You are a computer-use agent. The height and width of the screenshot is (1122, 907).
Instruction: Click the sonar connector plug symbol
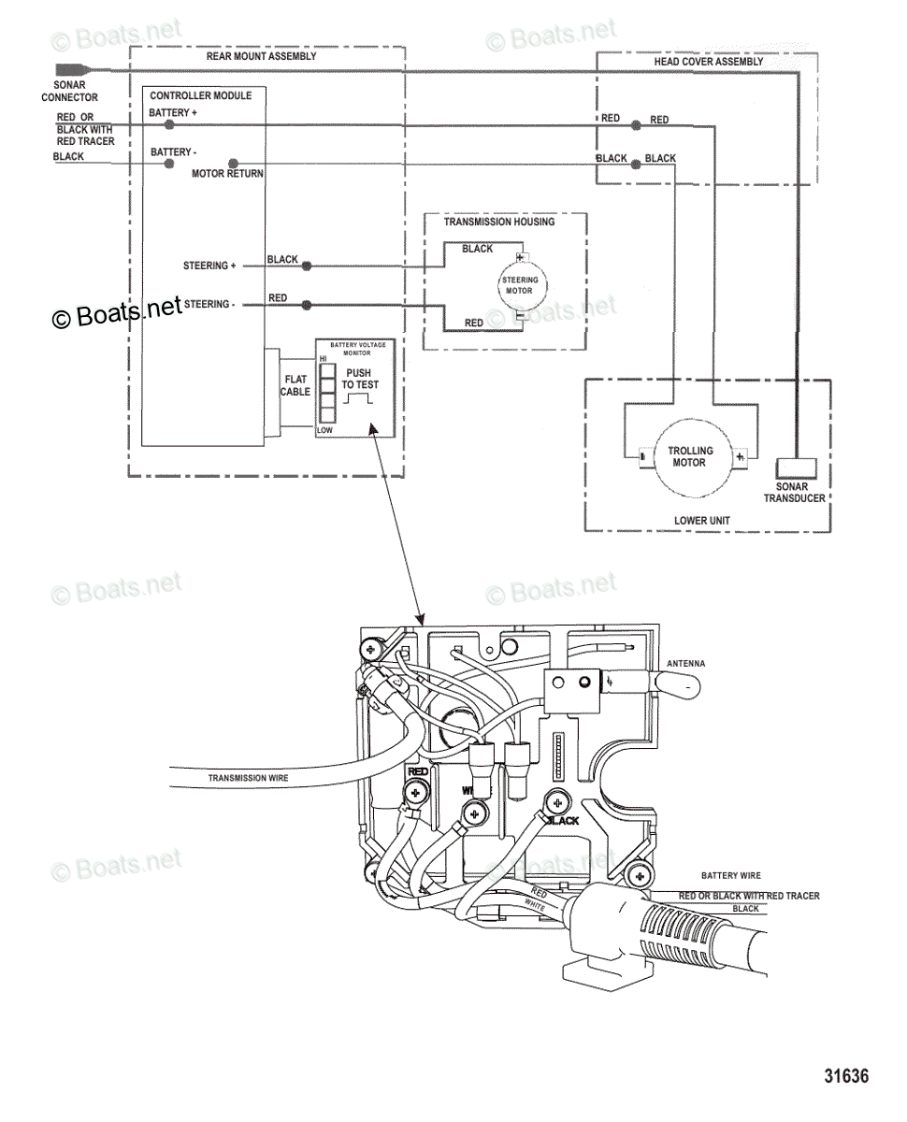(71, 69)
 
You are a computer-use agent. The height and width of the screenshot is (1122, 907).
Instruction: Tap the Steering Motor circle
(520, 285)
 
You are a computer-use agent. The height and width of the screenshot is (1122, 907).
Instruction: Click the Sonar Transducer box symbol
(796, 469)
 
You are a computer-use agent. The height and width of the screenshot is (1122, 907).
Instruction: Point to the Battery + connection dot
(169, 123)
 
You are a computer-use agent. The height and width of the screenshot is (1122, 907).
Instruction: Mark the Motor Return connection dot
(233, 163)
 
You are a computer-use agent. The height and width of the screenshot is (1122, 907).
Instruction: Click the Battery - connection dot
(169, 163)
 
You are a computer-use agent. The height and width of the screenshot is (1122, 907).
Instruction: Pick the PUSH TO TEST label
(360, 379)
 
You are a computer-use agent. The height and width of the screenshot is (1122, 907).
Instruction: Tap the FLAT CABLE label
(295, 385)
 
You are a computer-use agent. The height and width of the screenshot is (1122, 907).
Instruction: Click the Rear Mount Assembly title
(261, 56)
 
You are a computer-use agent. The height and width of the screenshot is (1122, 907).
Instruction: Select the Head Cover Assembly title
(708, 62)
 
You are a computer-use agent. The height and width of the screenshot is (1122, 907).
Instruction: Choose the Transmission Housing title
(498, 222)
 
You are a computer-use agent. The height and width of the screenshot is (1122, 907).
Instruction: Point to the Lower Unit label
(702, 521)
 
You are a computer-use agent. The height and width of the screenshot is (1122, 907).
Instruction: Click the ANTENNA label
(685, 664)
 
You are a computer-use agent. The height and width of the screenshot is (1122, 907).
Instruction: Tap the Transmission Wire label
(248, 778)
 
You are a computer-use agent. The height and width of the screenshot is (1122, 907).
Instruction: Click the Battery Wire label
(731, 876)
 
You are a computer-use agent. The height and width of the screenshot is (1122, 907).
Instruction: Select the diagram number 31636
(846, 1075)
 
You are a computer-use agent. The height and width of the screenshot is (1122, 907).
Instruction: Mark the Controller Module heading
(200, 95)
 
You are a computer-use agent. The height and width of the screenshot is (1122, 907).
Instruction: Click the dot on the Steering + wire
(306, 266)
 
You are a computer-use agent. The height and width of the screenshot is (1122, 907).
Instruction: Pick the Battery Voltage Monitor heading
(356, 349)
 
